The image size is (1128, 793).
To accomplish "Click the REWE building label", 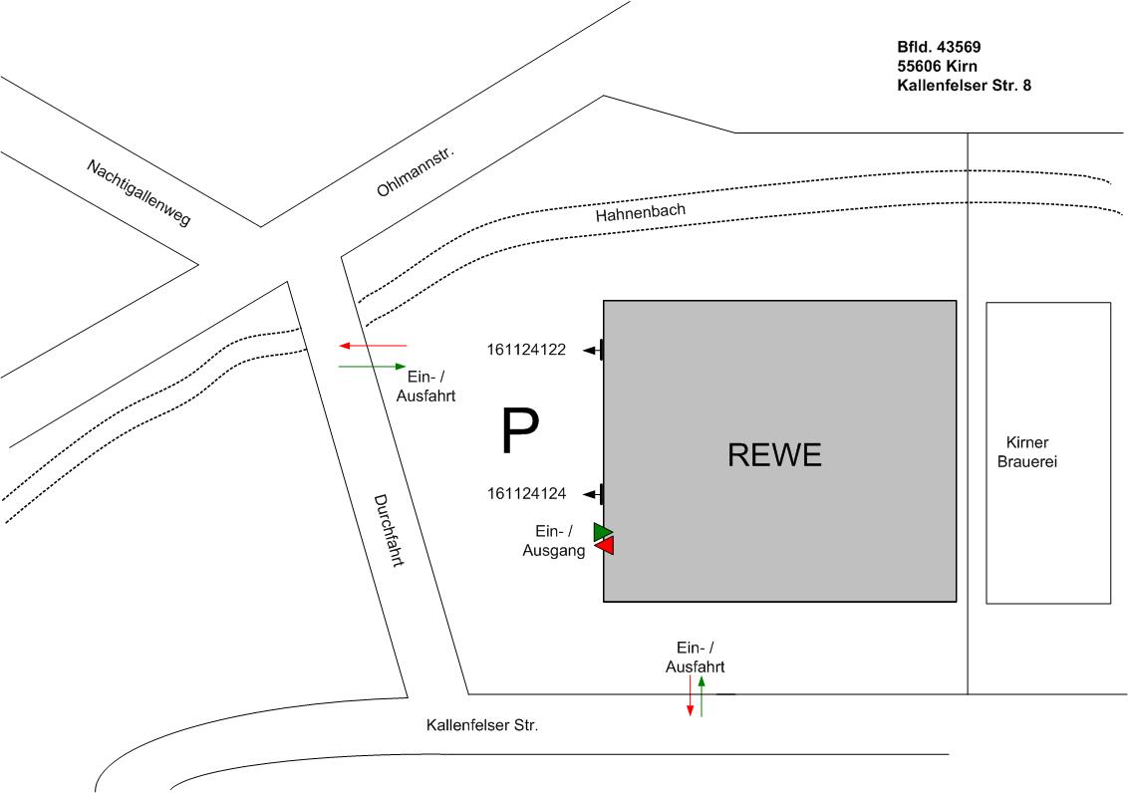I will (x=774, y=454).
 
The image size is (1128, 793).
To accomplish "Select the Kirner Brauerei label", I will (x=1026, y=452).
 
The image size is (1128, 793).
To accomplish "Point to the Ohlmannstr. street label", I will (x=416, y=170).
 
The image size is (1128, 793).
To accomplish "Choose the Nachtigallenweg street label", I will (x=139, y=192).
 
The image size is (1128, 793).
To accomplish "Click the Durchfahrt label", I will (x=388, y=530).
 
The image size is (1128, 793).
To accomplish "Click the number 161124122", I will (x=527, y=350).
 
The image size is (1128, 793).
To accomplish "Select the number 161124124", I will (x=527, y=493).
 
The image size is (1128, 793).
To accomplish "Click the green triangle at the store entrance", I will (x=602, y=532).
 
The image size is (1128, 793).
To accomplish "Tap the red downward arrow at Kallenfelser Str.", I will (x=690, y=696).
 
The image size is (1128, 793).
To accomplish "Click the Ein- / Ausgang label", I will (x=554, y=540).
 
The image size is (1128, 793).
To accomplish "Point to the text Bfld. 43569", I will (x=941, y=46).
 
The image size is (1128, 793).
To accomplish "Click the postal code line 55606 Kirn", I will (x=938, y=66).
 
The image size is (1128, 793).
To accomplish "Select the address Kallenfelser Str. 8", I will (x=965, y=86).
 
